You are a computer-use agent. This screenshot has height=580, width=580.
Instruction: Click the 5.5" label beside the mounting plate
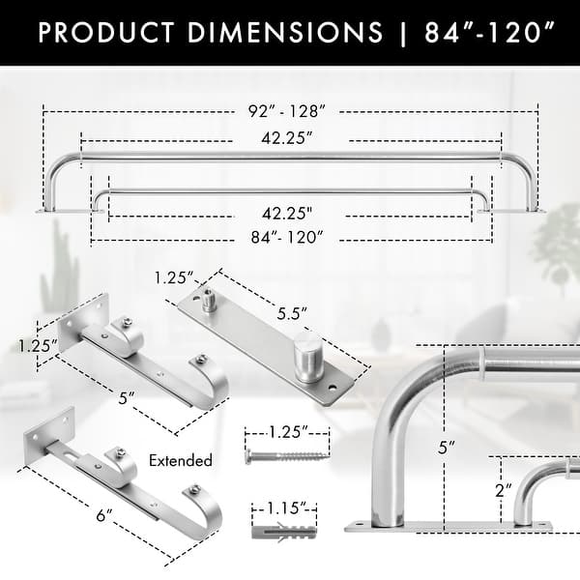click(291, 314)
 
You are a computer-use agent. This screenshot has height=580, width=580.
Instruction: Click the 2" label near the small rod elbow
click(501, 490)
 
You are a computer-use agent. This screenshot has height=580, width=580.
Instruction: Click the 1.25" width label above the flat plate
click(174, 278)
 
